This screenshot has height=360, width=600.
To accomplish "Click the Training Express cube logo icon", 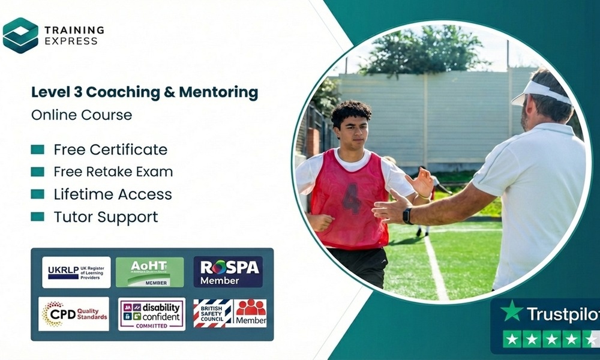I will click(x=20, y=35).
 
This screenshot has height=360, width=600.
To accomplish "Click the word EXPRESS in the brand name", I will click(x=71, y=41).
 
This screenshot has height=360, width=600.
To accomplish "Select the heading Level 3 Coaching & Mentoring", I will click(x=145, y=92).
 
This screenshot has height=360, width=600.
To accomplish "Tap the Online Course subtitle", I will click(x=82, y=114).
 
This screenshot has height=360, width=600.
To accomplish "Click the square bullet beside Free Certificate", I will click(x=38, y=149).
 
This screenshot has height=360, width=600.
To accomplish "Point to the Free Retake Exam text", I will click(x=113, y=172).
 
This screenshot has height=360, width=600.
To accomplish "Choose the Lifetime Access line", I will click(x=113, y=194).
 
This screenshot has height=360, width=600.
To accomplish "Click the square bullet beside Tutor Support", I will click(x=38, y=217).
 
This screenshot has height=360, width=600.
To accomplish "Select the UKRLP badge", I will click(x=76, y=272).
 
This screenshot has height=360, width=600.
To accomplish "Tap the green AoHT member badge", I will click(x=149, y=272).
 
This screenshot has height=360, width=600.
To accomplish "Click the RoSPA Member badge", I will click(x=228, y=272).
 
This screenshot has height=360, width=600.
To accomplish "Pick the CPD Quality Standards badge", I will click(x=74, y=313).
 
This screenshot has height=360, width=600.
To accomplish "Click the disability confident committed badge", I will click(x=152, y=313).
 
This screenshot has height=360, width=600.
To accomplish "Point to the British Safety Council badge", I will click(x=212, y=313).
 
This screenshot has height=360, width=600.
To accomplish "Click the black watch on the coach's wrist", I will click(x=407, y=216).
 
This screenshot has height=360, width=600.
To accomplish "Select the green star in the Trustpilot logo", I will click(x=512, y=311).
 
